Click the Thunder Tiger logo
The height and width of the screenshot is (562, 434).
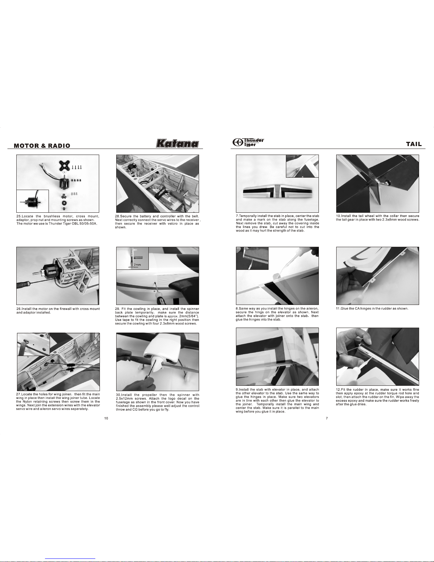pyautogui.click(x=248, y=142)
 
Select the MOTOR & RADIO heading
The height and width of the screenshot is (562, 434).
pyautogui.click(x=42, y=146)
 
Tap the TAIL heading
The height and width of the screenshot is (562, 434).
pyautogui.click(x=414, y=144)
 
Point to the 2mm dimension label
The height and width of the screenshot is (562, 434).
pyautogui.click(x=137, y=265)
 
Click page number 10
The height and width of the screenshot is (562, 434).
pyautogui.click(x=106, y=418)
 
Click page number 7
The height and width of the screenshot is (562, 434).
pyautogui.click(x=327, y=418)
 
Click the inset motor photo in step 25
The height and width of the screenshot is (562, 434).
pyautogui.click(x=33, y=201)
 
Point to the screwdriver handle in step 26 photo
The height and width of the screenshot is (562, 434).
pyautogui.click(x=23, y=285)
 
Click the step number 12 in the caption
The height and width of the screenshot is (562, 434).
pyautogui.click(x=338, y=389)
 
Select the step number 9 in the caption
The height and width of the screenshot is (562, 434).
pyautogui.click(x=237, y=389)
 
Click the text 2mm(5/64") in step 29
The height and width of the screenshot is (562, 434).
pyautogui.click(x=189, y=316)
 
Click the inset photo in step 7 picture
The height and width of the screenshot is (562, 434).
pyautogui.click(x=302, y=166)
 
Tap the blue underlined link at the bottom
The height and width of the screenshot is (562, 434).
pyautogui.click(x=70, y=558)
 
